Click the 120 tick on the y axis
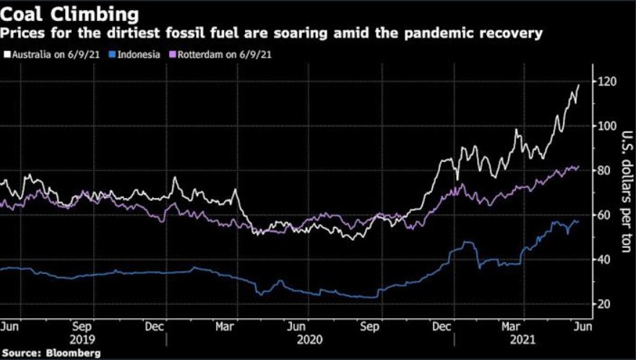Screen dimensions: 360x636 [x=606, y=82]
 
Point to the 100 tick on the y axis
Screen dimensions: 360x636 [x=606, y=126]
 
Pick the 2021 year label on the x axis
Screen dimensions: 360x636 [x=523, y=338]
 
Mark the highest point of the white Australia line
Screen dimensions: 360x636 [x=579, y=85]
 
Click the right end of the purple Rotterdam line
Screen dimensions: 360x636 [x=579, y=166]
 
